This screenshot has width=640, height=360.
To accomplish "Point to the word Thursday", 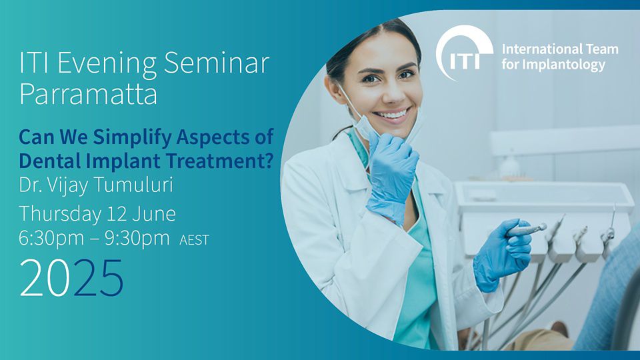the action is point(60,214).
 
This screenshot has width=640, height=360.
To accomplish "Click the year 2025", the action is point(71,278).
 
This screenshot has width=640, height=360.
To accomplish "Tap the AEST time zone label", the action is point(194,240).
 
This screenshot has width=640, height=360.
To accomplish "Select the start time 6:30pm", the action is point(51,238).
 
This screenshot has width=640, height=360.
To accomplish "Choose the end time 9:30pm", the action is point(137,238).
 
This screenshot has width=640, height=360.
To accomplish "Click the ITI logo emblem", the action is point(464,52).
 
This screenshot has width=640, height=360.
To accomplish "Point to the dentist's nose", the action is point(393,93).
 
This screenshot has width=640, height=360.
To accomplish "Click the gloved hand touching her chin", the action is point(392,175).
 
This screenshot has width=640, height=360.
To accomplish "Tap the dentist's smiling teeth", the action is point(392,114).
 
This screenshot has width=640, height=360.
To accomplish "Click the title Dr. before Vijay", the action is point(31,185).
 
